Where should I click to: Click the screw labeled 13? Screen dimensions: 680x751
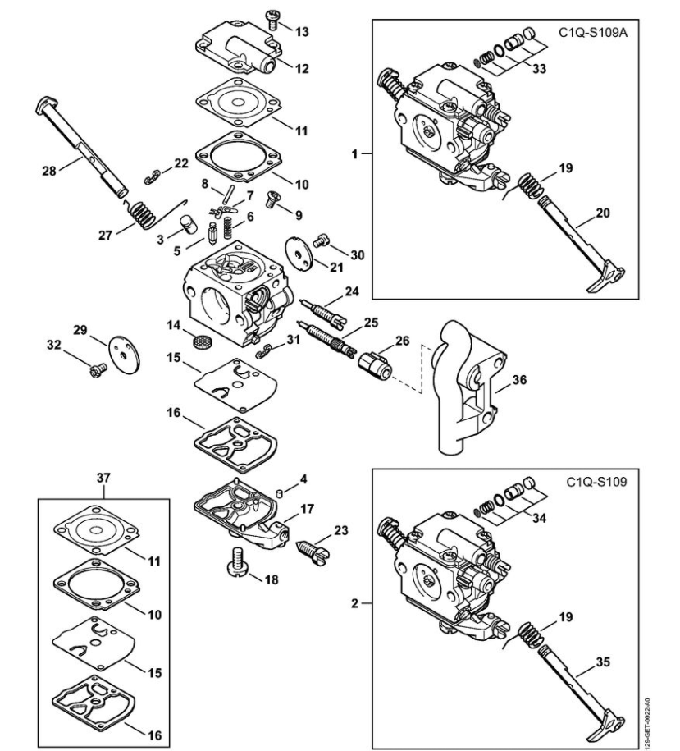coord(272,20)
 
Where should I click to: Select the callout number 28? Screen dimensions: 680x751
coord(49,171)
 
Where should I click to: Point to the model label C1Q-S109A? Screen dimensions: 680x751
coord(593,33)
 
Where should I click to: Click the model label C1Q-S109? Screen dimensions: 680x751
coord(596,481)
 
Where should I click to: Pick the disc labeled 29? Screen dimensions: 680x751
coord(125,355)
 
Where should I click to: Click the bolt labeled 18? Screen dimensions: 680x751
coord(237,562)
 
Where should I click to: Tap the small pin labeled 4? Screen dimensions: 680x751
coord(281,492)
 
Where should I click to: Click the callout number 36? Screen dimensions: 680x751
coord(519,380)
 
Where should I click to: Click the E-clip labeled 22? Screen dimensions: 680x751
coord(153,176)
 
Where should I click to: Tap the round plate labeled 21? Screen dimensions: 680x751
coord(298,253)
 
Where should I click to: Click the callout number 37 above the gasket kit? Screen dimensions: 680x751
coord(103,478)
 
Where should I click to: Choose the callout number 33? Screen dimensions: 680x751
coord(539,68)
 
